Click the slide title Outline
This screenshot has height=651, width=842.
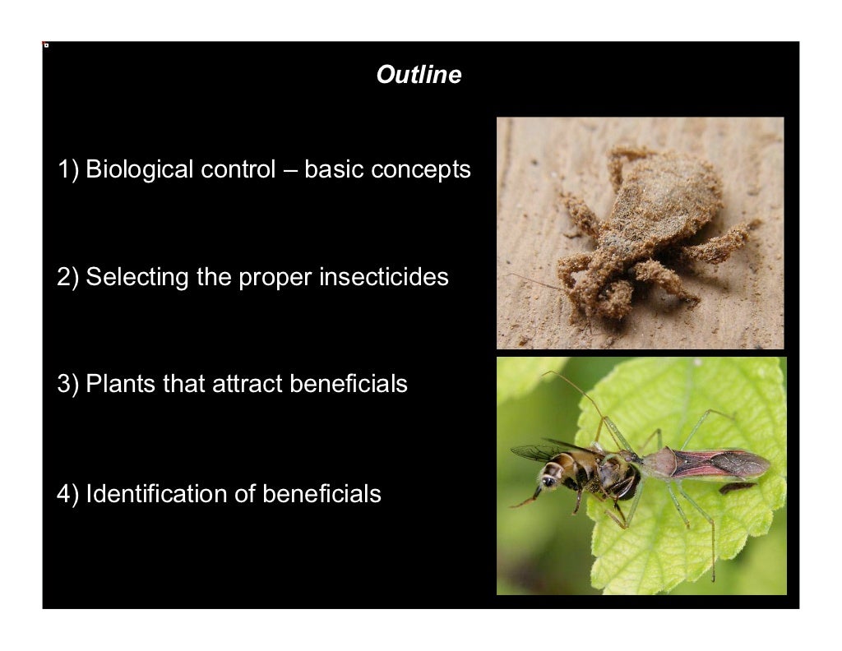coord(419,76)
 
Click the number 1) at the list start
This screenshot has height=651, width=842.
coord(68,170)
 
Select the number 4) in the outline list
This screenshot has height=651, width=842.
coord(68,494)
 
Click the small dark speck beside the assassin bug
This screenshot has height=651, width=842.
coord(737,487)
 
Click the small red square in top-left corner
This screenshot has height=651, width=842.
coord(46,45)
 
